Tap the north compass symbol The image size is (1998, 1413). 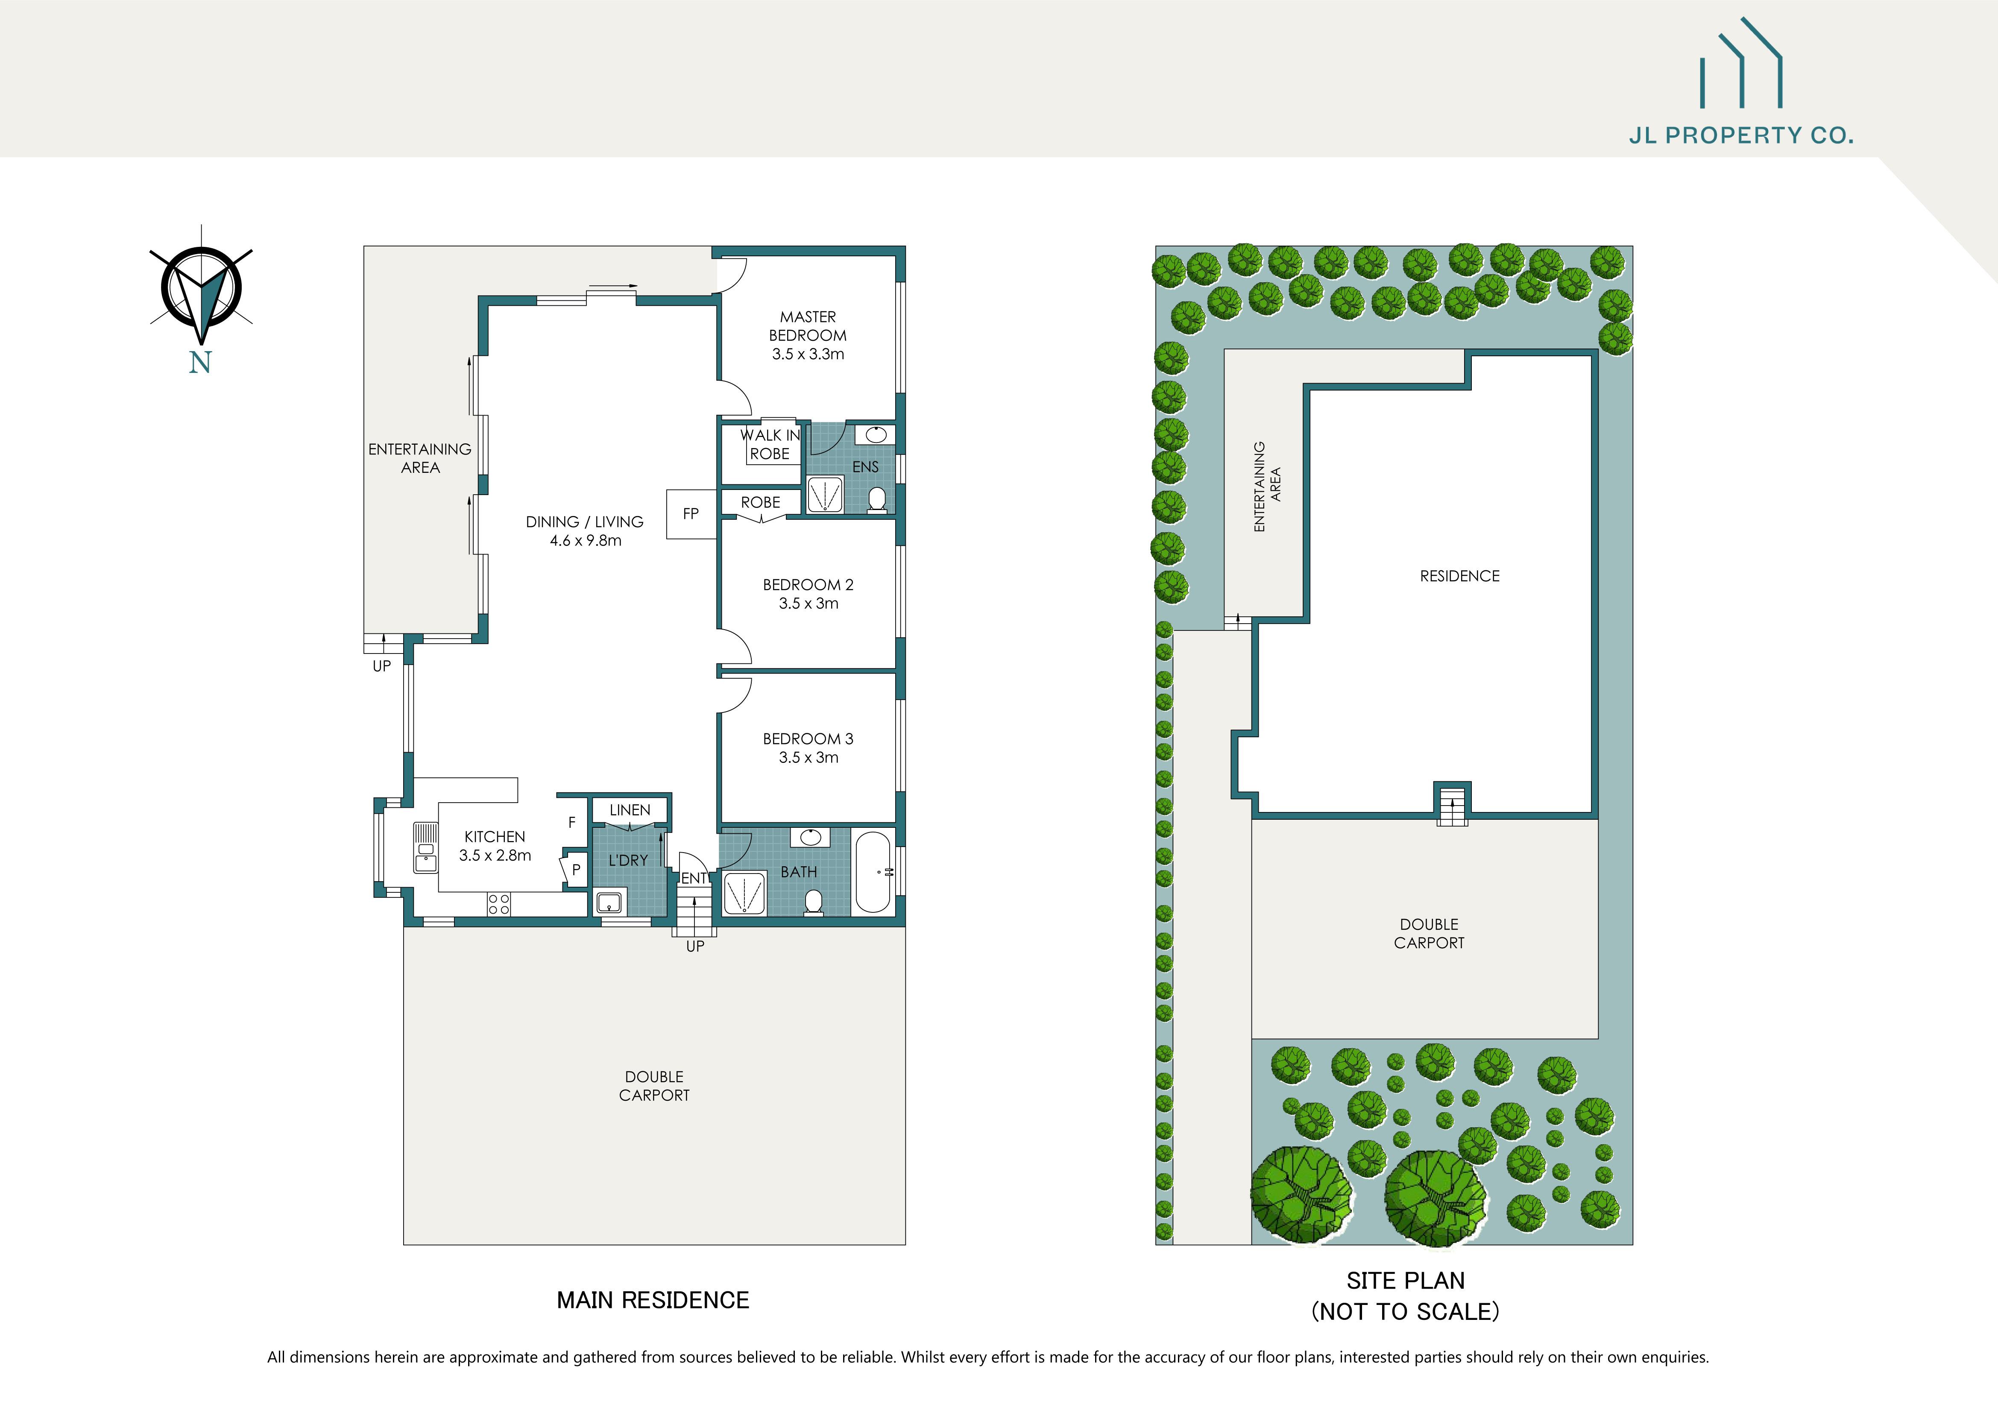click(x=201, y=287)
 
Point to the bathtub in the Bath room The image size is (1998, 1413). click(x=873, y=872)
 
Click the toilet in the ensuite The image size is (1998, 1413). click(x=877, y=498)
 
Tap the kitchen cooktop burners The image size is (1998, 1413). click(x=498, y=904)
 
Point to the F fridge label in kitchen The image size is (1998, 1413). click(x=572, y=822)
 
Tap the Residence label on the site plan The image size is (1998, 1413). click(x=1459, y=576)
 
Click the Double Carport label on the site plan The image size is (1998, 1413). click(x=1429, y=934)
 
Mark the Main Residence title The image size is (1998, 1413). click(x=653, y=1300)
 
